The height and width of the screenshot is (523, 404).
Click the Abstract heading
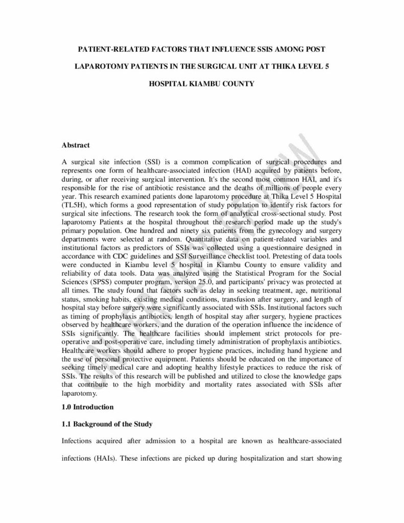[76, 145]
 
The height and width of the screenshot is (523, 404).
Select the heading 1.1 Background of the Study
[107, 424]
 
